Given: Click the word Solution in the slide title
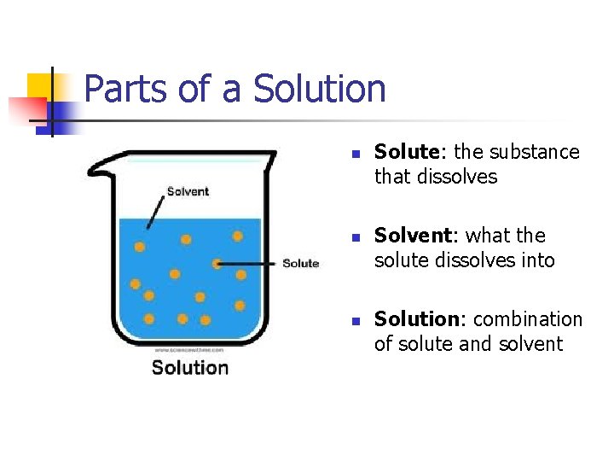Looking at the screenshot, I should tap(320, 89).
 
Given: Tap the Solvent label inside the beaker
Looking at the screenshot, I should tap(188, 191).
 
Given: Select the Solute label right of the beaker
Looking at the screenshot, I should tap(300, 264).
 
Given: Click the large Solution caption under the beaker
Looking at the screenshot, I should tap(190, 368).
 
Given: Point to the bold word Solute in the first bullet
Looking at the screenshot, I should tap(406, 152).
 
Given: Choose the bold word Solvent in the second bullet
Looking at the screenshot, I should tap(412, 236).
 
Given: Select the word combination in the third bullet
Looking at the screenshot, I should tap(528, 319).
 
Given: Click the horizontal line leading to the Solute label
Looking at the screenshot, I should tap(250, 264).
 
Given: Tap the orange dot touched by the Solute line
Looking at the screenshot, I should tap(217, 264).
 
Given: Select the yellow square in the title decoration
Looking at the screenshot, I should tap(41, 86).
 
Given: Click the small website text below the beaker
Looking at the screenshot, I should tap(189, 350).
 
